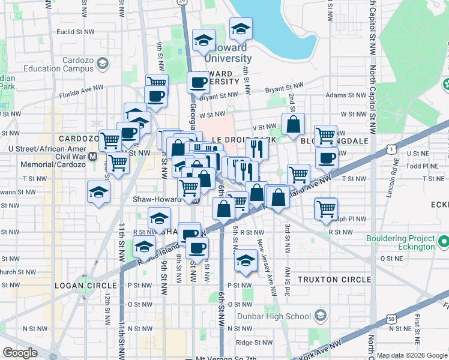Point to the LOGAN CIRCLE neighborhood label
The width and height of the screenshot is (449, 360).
[83, 285]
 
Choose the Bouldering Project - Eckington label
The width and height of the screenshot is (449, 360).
[400, 242]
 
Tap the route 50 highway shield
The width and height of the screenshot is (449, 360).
[391, 320]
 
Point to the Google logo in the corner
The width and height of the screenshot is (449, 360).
[20, 352]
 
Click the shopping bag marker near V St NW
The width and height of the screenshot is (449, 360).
[293, 125]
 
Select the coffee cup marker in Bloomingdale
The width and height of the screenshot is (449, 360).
[327, 158]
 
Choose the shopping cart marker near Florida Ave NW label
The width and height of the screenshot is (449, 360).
[157, 84]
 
